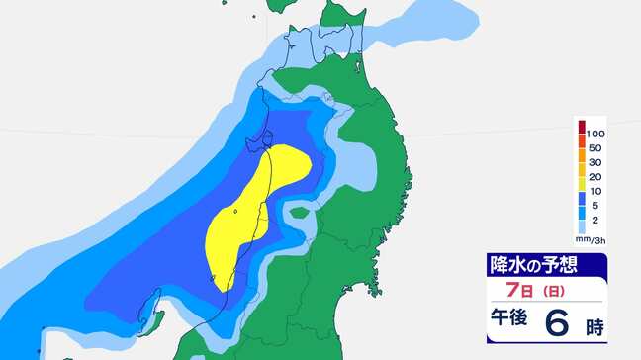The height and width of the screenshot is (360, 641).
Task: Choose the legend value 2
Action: point(595,221)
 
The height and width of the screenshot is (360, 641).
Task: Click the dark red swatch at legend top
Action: point(583,126)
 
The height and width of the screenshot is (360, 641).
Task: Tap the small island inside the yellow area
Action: point(235,209)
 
